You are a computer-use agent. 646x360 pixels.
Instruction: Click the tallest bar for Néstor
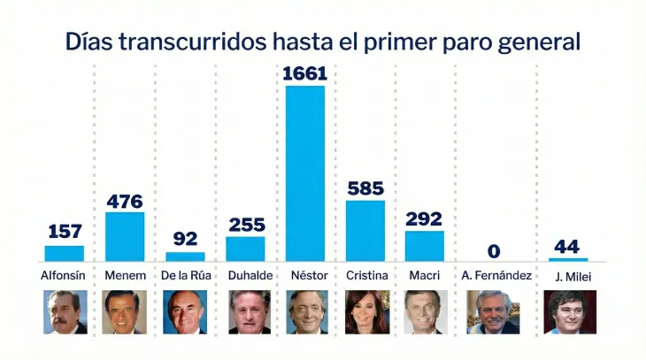point(304,173)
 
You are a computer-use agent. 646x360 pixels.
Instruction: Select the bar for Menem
point(125,236)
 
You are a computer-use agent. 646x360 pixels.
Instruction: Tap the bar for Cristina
point(365,231)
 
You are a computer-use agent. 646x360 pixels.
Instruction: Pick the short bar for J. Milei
point(568,259)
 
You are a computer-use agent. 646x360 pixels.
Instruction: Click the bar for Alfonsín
point(65,253)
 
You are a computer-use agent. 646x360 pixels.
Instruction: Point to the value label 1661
point(304,73)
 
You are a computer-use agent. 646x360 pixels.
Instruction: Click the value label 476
point(125,202)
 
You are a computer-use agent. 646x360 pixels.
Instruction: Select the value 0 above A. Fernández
point(494,251)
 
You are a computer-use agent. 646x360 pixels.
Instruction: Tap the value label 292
point(425,219)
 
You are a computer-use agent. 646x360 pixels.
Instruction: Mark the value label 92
point(185,240)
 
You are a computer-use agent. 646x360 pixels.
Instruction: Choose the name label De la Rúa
point(186,276)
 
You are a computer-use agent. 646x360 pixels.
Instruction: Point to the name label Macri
point(425,276)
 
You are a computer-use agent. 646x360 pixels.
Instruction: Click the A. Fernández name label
point(496,276)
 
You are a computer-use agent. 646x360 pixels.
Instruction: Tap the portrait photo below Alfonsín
point(65,312)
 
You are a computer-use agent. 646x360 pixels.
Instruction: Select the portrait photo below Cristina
point(365,312)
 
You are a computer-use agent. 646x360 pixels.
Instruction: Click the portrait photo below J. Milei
point(570,312)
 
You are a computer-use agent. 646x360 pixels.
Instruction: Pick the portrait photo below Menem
point(125,312)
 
